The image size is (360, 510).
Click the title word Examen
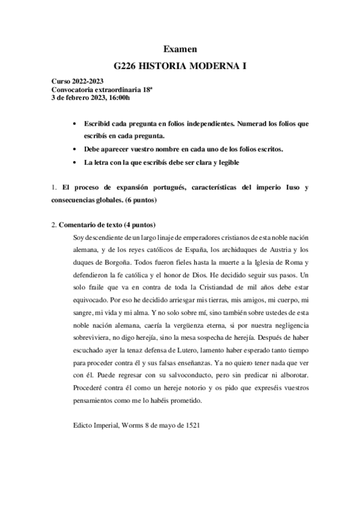[180, 49]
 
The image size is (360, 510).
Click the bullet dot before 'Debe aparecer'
[74, 149]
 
